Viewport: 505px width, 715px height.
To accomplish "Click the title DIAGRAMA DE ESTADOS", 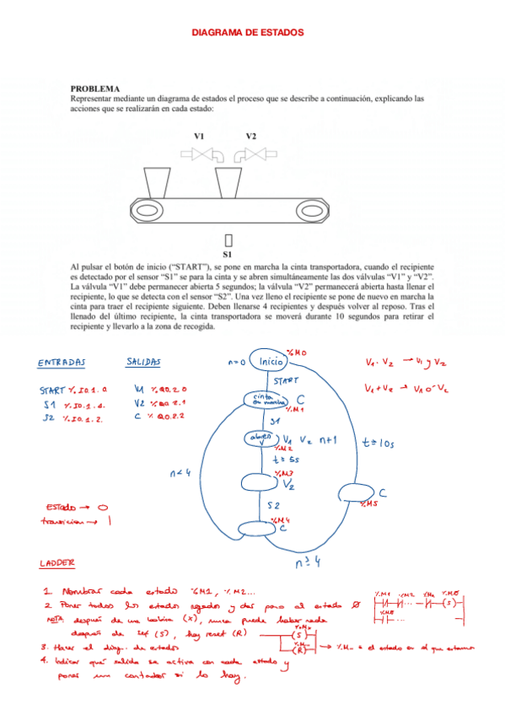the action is [248, 32].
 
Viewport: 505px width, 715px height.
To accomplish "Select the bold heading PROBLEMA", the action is [94, 89].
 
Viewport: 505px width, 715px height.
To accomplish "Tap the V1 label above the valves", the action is [199, 136].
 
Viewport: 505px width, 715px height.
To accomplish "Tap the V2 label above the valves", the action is [251, 136].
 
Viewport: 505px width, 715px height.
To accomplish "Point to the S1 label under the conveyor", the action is [228, 253].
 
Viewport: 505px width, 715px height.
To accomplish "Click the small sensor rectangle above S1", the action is [228, 239].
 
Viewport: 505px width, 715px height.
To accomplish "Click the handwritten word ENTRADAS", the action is [62, 363].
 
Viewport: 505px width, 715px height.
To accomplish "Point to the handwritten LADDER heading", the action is [57, 562].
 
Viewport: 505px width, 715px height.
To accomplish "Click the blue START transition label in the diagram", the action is [287, 381].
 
